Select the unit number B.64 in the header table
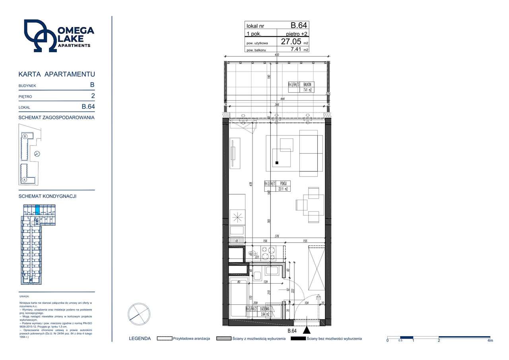pyautogui.click(x=299, y=25)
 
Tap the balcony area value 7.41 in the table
pyautogui.click(x=295, y=49)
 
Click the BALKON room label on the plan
pyautogui.click(x=307, y=84)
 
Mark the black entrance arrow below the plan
pyautogui.click(x=307, y=330)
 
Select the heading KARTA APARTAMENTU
pyautogui.click(x=57, y=74)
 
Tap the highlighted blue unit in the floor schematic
pyautogui.click(x=38, y=209)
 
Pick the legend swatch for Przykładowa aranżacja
pyautogui.click(x=164, y=339)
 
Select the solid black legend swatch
pyautogui.click(x=298, y=339)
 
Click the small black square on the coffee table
pyautogui.click(x=277, y=163)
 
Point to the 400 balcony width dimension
pyautogui.click(x=276, y=55)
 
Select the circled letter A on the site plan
pyautogui.click(x=24, y=180)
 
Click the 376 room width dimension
pyautogui.click(x=277, y=236)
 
